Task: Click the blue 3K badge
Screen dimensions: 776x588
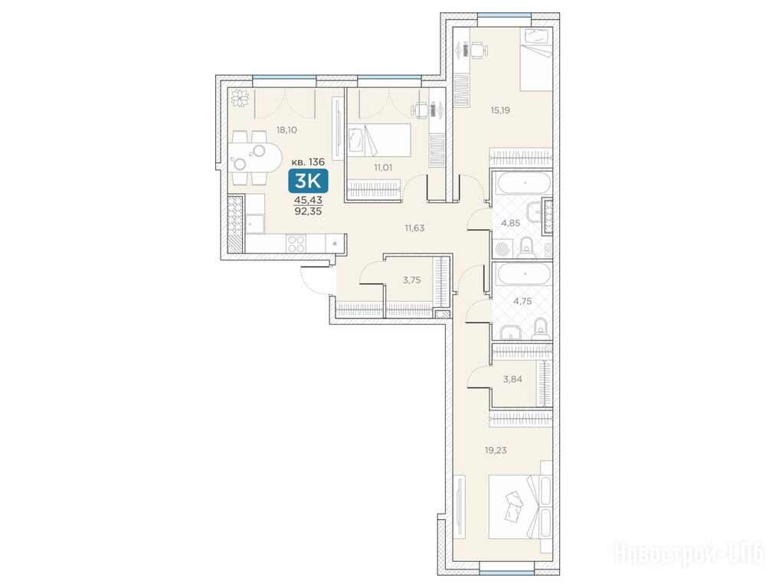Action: coord(308,181)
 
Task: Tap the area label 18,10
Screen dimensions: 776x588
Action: coord(286,130)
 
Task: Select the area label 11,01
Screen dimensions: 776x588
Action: coord(383,167)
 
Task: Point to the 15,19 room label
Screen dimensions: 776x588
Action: coord(500,109)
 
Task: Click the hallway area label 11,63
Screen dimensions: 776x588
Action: coord(414,228)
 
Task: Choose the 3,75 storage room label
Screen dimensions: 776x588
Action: coord(412,280)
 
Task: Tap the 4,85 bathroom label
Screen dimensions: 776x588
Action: coord(511,223)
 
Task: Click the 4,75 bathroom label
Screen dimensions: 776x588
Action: coord(522,301)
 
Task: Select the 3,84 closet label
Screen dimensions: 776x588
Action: coord(512,379)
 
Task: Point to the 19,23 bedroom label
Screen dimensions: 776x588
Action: coord(496,450)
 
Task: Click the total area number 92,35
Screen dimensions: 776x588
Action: coord(308,210)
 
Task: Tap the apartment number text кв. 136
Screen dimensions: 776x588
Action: coord(308,162)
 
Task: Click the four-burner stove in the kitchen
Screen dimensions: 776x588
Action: coord(296,244)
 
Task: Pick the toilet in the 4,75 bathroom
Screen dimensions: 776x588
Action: coord(541,329)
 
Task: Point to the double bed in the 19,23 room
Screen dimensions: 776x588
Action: coord(519,507)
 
